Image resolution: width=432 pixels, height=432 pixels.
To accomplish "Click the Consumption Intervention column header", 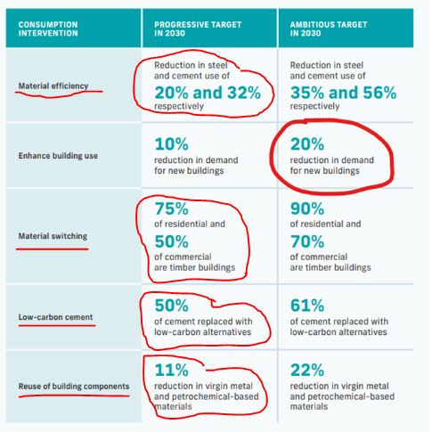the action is [x=48, y=29].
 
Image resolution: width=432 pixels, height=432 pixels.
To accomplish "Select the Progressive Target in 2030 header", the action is [x=198, y=29].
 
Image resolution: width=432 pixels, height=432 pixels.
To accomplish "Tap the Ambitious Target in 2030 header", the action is [x=329, y=29].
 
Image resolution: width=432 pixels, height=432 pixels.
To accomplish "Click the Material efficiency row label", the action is [x=53, y=86].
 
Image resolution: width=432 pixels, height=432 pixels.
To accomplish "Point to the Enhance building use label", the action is [x=58, y=156].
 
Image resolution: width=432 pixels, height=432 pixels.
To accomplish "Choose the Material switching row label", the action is [x=53, y=236].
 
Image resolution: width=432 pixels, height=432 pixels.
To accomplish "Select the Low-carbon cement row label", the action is [x=56, y=317].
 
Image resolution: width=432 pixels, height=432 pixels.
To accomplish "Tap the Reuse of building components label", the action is [x=74, y=387].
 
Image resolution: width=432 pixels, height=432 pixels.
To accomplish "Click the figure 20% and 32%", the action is [x=208, y=93].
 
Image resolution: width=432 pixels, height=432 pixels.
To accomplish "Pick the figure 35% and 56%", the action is [x=344, y=93].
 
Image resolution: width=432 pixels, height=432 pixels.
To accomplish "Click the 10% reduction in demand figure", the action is [x=172, y=144].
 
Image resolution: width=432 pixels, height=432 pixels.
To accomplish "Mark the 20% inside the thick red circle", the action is [x=307, y=144].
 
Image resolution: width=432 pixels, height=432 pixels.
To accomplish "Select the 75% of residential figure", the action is [x=172, y=208].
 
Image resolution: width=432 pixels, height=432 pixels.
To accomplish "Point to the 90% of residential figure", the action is [x=307, y=208].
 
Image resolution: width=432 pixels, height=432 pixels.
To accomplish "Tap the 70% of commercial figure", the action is [x=307, y=241].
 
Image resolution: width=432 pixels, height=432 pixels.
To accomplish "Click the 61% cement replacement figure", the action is [x=307, y=306].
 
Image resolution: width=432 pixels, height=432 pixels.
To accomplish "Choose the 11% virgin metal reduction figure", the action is [x=172, y=371].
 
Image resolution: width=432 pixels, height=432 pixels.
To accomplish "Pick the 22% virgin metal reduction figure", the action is [x=307, y=371].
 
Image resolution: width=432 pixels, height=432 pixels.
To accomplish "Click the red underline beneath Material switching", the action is [x=53, y=249].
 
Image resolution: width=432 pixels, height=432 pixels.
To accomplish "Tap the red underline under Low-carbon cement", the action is [x=57, y=326].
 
